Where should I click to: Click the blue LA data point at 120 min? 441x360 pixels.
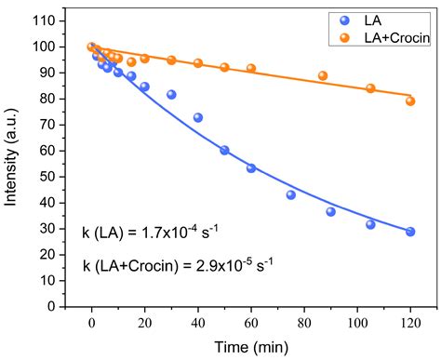pyautogui.click(x=410, y=232)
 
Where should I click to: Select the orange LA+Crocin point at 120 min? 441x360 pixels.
pyautogui.click(x=410, y=100)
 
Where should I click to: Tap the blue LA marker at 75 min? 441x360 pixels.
pyautogui.click(x=291, y=195)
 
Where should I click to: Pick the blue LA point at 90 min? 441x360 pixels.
pyautogui.click(x=330, y=212)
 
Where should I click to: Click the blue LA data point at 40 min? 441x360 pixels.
pyautogui.click(x=198, y=117)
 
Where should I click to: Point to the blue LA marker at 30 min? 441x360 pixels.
pyautogui.click(x=171, y=95)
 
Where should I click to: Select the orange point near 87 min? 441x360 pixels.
pyautogui.click(x=323, y=76)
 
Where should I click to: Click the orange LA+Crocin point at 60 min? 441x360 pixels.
pyautogui.click(x=251, y=68)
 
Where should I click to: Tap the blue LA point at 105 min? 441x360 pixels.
pyautogui.click(x=370, y=224)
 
